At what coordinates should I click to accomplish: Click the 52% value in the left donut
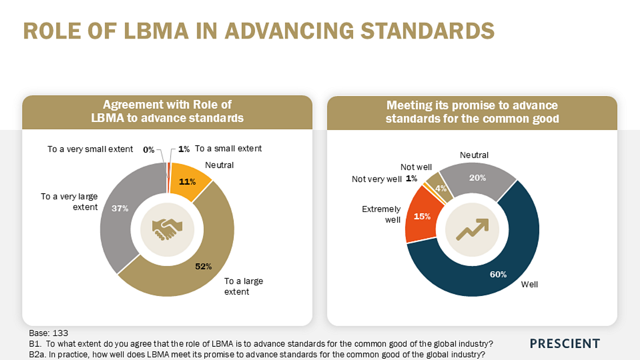click(x=203, y=266)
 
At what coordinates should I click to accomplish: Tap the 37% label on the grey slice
click(x=120, y=208)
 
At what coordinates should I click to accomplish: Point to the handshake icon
click(x=167, y=229)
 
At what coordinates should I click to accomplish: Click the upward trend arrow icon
click(x=472, y=229)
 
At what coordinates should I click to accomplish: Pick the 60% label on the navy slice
click(x=498, y=275)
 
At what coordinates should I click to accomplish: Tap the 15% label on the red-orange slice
click(x=422, y=217)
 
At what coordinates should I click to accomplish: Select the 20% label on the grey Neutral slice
click(x=477, y=178)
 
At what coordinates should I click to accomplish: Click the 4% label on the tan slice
click(x=441, y=188)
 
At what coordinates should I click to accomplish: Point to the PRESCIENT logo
click(x=565, y=344)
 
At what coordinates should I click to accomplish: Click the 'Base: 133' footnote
click(x=48, y=333)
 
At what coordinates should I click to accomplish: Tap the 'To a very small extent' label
click(x=90, y=149)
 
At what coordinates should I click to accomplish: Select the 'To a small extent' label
click(x=228, y=148)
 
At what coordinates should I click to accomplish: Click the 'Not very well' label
click(x=377, y=179)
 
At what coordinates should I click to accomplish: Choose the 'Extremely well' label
click(x=381, y=214)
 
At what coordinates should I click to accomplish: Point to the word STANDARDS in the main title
click(x=427, y=31)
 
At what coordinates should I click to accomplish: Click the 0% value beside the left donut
click(x=149, y=149)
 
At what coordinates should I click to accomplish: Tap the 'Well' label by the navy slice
click(x=529, y=284)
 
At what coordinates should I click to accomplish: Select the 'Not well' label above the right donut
click(x=416, y=167)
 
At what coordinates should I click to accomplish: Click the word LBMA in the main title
click(x=156, y=31)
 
